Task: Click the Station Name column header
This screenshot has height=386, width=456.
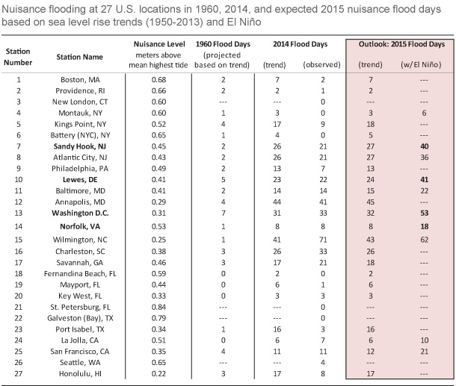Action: coord(79,56)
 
